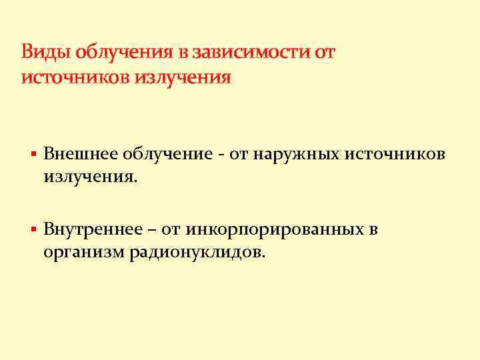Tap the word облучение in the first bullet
pos(164,155)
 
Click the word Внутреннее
pos(92,230)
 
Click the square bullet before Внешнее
pos(33,155)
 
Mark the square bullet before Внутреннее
pos(33,231)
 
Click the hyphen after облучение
pos(219,156)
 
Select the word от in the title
pos(324,52)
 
